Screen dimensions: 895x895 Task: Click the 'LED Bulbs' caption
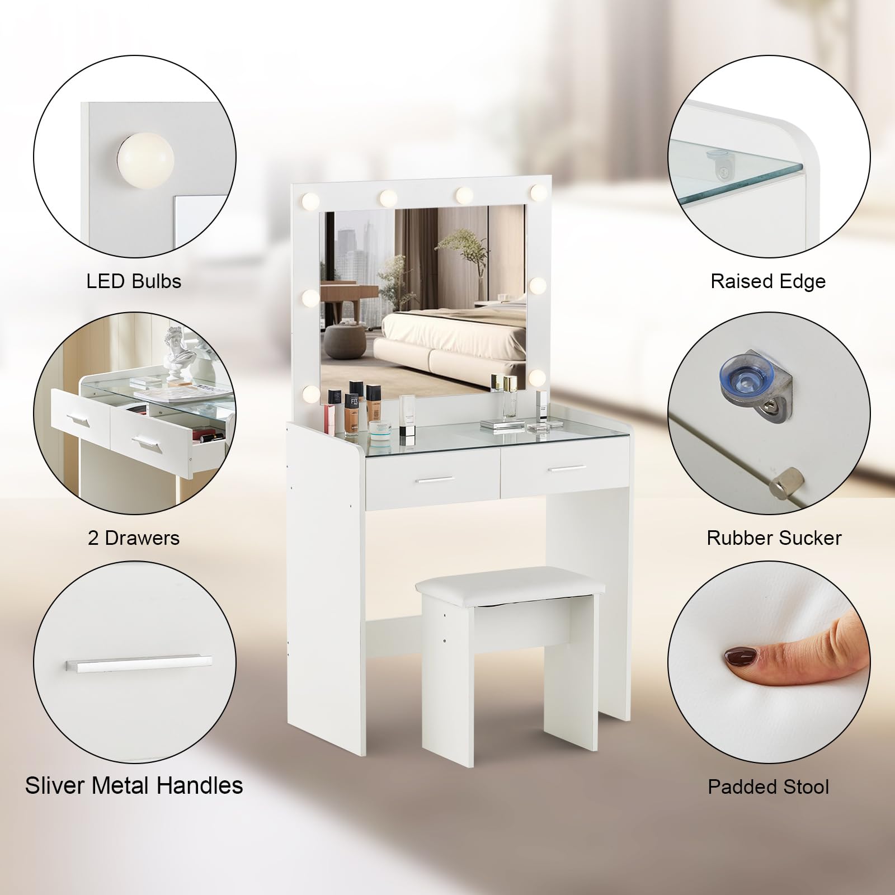(134, 281)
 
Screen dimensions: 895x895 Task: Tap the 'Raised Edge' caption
(768, 281)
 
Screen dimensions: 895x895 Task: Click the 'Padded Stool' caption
(768, 786)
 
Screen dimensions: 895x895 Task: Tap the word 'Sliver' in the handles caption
(55, 785)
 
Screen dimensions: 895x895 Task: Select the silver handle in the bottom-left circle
(139, 663)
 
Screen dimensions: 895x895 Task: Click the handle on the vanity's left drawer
(433, 479)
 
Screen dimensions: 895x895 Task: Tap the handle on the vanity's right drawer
(567, 467)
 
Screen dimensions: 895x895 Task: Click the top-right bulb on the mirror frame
(539, 192)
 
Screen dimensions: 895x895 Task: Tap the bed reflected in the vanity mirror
(445, 341)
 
